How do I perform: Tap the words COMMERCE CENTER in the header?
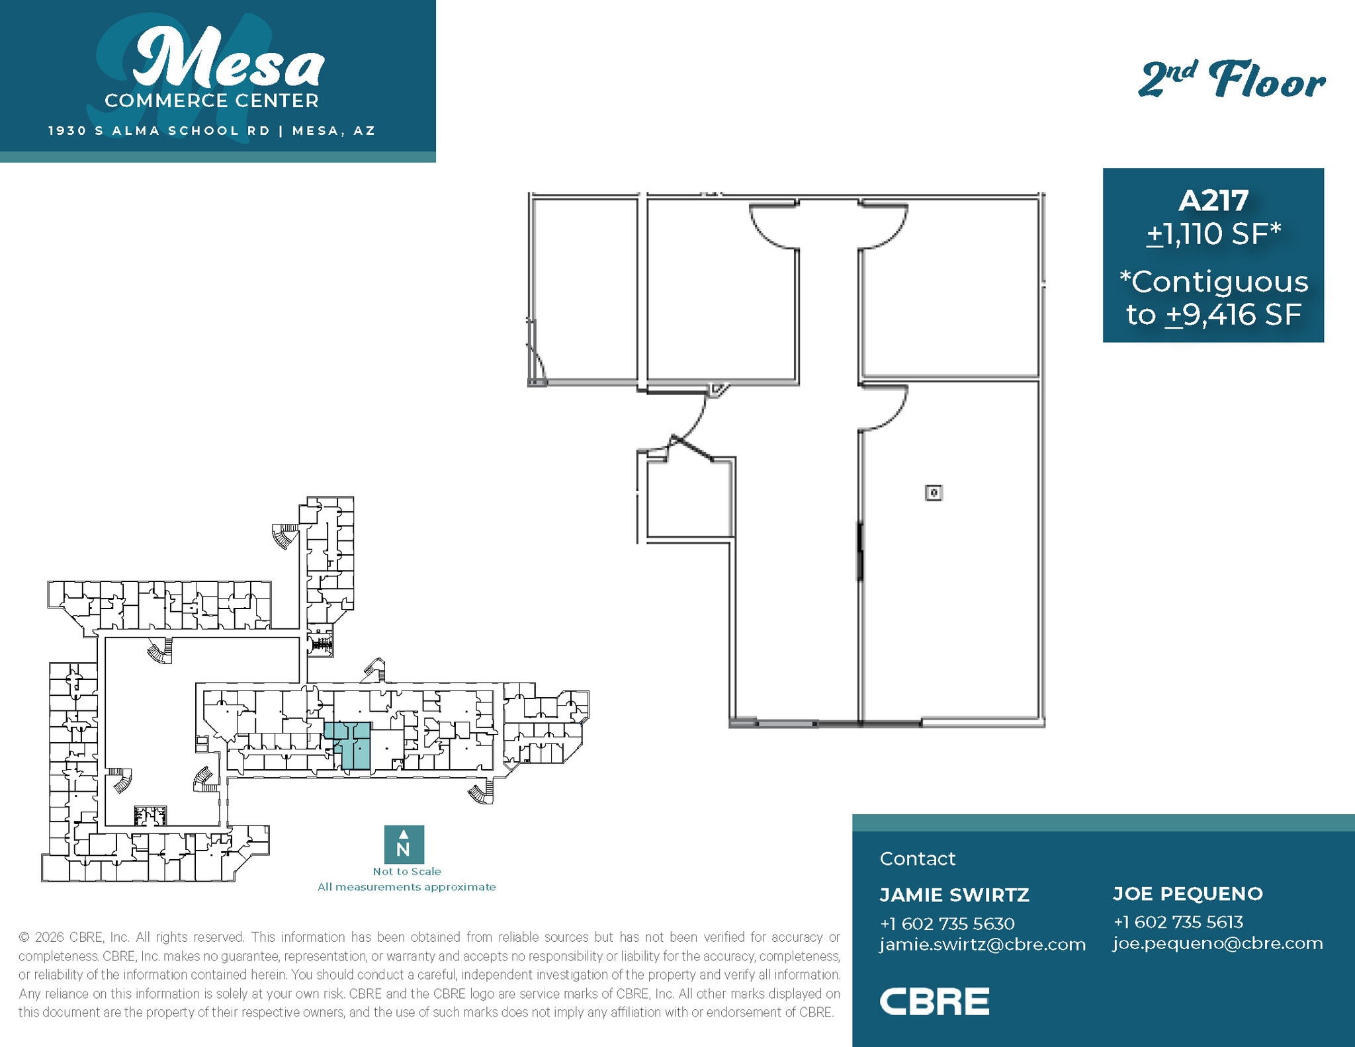[x=212, y=101]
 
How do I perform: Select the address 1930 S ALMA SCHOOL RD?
[x=159, y=131]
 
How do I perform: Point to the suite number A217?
[x=1213, y=200]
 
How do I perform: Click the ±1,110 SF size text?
[x=1213, y=233]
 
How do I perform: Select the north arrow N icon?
[x=404, y=844]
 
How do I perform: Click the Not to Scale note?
[x=406, y=872]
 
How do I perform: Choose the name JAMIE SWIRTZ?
[x=954, y=895]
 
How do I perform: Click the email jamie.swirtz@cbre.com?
[x=983, y=944]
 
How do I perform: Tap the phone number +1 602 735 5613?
[x=1178, y=922]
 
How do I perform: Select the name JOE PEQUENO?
[x=1188, y=894]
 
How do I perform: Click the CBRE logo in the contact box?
[x=934, y=1001]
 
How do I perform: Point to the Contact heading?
[x=917, y=859]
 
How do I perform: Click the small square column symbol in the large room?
[x=934, y=492]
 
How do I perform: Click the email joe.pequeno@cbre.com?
[x=1217, y=943]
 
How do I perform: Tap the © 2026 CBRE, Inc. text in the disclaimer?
[x=74, y=937]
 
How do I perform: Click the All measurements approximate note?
[x=406, y=887]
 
